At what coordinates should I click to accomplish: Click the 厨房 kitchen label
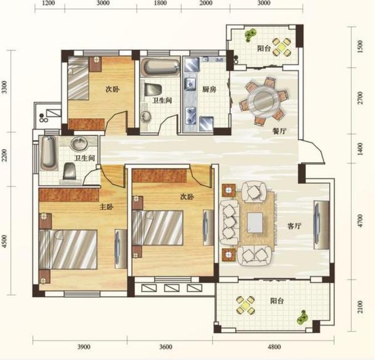[x=209, y=90]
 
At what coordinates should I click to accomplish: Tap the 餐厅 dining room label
[x=279, y=131]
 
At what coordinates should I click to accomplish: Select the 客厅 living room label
[x=294, y=226]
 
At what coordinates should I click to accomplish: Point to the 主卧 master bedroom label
[x=107, y=207]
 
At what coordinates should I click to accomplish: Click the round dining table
[x=263, y=101]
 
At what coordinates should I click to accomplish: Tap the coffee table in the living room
[x=255, y=222]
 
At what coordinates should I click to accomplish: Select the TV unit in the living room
[x=322, y=225]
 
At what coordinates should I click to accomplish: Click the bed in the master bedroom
[x=68, y=249]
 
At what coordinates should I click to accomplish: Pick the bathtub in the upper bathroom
[x=160, y=67]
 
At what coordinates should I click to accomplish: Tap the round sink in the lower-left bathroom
[x=80, y=144]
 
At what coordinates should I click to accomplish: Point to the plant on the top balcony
[x=250, y=35]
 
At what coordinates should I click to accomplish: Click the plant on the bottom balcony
[x=302, y=317]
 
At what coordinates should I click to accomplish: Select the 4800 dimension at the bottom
[x=274, y=347]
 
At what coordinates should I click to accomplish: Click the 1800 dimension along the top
[x=160, y=3]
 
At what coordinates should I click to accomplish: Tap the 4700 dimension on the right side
[x=360, y=221]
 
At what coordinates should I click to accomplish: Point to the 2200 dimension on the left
[x=4, y=155]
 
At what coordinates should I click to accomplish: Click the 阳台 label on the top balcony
[x=264, y=49]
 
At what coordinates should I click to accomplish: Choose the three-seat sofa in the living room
[x=229, y=222]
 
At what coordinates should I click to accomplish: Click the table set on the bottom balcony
[x=245, y=305]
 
